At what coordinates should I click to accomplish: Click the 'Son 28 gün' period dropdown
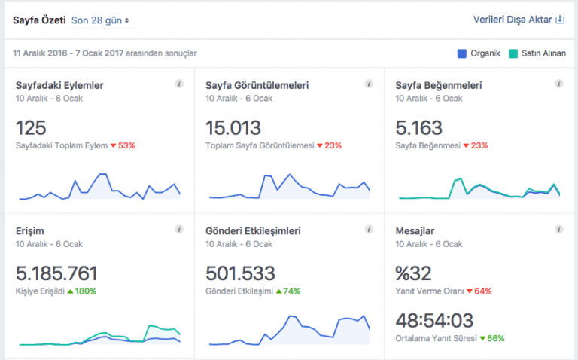click(100, 20)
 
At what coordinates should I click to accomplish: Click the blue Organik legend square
click(462, 53)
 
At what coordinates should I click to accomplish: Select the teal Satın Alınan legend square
click(513, 53)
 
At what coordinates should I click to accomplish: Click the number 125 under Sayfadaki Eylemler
click(31, 127)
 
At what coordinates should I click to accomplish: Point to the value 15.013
click(233, 127)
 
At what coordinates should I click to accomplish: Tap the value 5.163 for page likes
click(419, 127)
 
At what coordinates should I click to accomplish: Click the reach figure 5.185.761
click(56, 273)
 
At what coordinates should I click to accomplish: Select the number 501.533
click(240, 273)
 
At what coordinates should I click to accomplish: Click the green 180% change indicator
click(82, 291)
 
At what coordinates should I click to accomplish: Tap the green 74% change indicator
click(288, 291)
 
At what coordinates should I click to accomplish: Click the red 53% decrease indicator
click(123, 145)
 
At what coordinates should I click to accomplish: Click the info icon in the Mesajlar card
click(558, 229)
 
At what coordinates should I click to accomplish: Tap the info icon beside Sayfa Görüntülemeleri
click(369, 84)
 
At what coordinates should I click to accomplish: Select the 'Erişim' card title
click(31, 230)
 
